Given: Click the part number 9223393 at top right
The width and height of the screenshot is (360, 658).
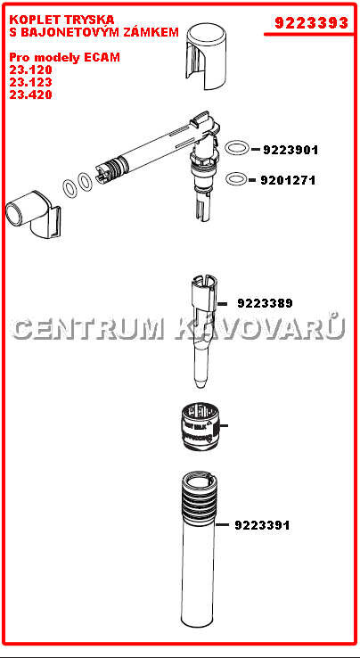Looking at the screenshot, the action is pos(311,22).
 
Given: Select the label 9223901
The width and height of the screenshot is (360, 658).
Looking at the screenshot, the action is pos(290,150).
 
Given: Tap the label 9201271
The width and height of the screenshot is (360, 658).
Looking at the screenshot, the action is pos(288,180).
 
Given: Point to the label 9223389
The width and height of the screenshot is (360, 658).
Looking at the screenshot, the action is pos(265,303).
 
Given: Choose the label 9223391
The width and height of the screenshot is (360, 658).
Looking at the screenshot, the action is pos(262,525).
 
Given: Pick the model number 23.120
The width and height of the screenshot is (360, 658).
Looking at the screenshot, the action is pos(30,70).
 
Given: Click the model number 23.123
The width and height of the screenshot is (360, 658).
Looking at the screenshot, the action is pos(30,82).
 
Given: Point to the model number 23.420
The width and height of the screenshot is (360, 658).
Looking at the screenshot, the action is pos(30,95).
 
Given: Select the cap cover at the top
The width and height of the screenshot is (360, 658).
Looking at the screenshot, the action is pos(205,58).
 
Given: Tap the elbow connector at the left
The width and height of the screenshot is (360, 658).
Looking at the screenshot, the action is pos(34,215).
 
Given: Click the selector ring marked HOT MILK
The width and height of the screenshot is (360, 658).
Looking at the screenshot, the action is pos(200,429).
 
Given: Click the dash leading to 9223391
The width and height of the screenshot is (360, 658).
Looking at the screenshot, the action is pos(223,525).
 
